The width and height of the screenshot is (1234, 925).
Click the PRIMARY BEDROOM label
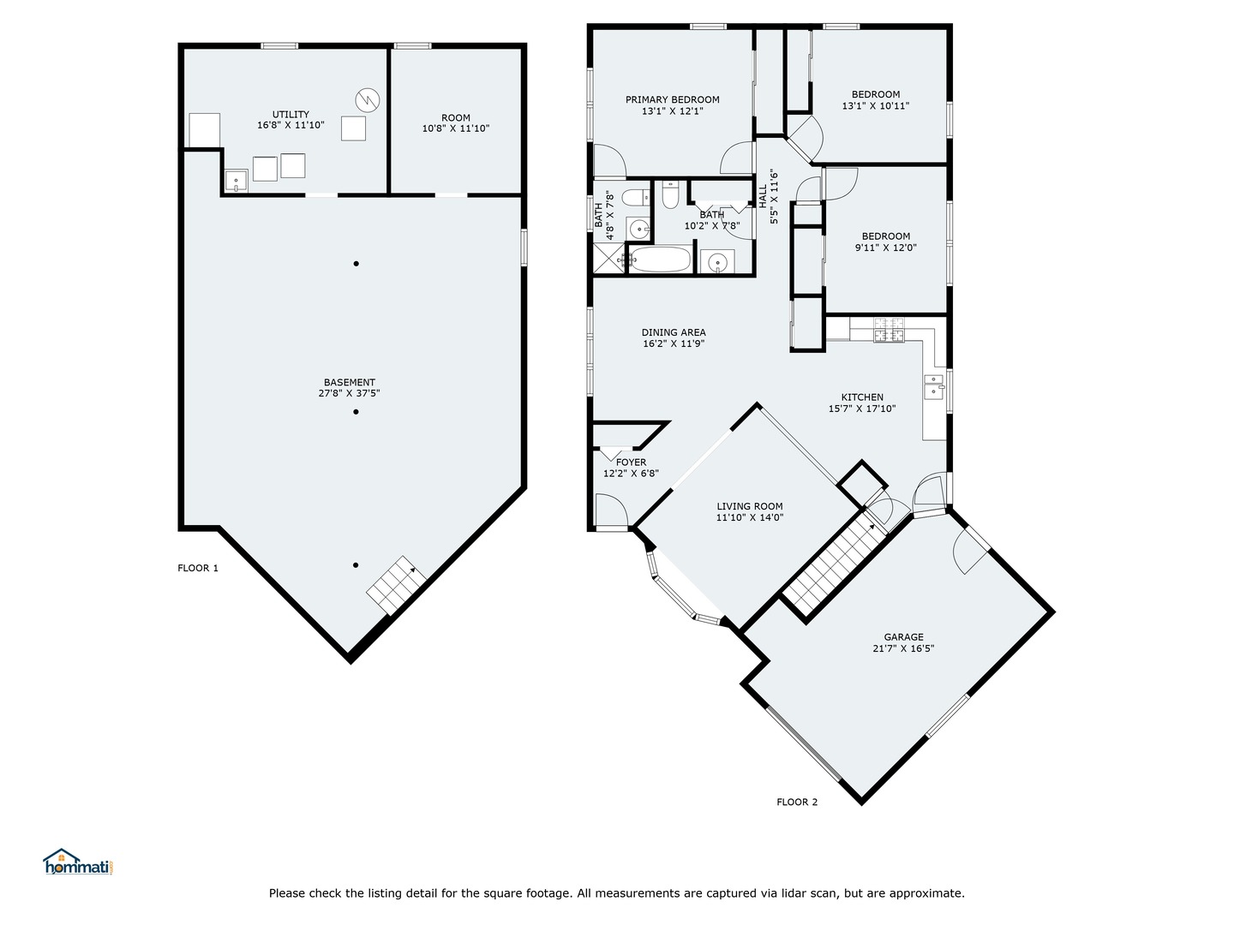pos(673,99)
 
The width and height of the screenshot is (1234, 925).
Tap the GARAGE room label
pos(903,637)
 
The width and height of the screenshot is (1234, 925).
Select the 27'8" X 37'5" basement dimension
pos(349,393)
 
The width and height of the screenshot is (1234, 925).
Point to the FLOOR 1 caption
pos(198,568)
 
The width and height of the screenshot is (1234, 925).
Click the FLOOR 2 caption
pos(797,802)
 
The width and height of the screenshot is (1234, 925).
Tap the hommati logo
pos(79,862)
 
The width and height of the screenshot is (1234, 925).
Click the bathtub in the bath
pos(660,260)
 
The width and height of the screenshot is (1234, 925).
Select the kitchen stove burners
pos(889,330)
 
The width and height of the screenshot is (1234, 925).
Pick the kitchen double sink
pos(934,386)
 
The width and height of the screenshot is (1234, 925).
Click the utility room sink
pos(237,181)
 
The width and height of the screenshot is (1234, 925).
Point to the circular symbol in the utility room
pos(368,100)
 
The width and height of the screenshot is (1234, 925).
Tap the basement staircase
pos(396,585)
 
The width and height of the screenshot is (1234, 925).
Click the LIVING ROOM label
pos(749,506)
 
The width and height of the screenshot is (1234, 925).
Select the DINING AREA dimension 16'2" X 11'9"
pos(674,343)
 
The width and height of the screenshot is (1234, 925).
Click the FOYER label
pos(631,462)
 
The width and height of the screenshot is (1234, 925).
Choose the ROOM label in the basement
pos(455,118)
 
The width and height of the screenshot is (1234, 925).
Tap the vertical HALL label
pos(763,197)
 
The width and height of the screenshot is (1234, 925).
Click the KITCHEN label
pos(862,397)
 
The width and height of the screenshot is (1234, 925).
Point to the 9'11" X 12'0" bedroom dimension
pos(886,248)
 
